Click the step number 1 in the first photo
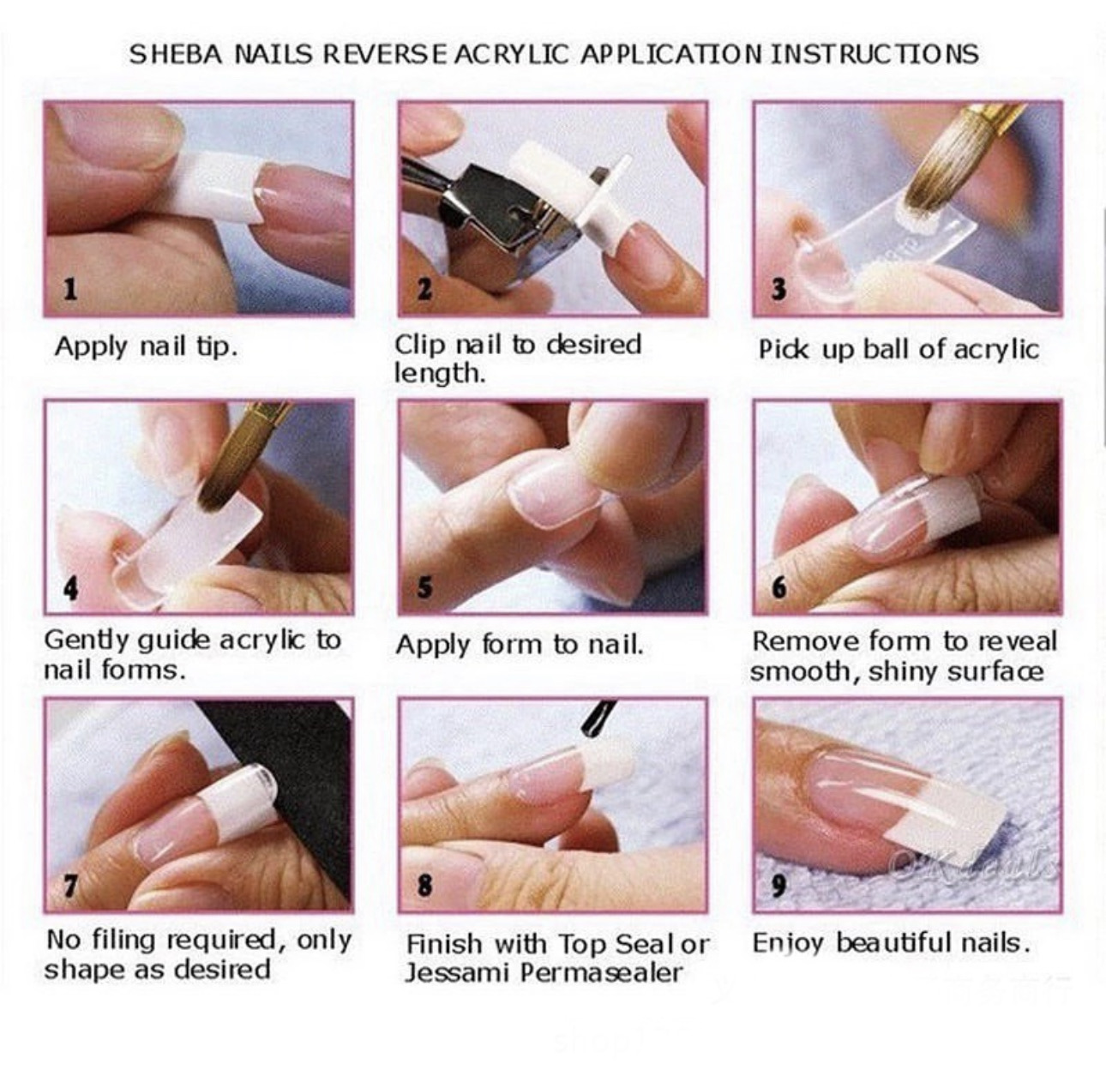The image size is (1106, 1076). (69, 289)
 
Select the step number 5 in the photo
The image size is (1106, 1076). (424, 587)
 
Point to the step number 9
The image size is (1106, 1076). (778, 885)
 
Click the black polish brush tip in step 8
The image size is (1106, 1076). (597, 718)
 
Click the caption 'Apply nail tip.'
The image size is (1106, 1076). (146, 346)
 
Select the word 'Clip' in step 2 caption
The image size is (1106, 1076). (420, 345)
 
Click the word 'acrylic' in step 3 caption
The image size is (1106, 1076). (996, 350)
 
